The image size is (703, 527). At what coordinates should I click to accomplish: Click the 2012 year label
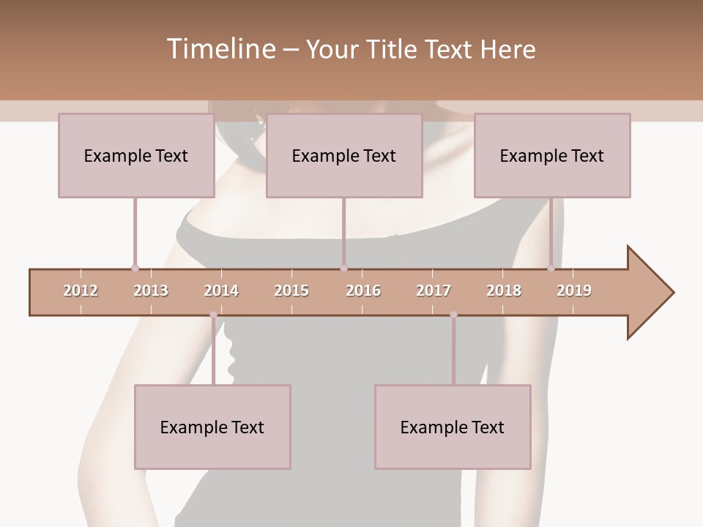pos(81,291)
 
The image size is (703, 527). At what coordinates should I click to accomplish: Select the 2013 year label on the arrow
pos(151,291)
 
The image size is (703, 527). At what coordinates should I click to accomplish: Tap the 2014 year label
pos(221,291)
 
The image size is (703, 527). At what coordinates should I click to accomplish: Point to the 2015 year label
pos(291,291)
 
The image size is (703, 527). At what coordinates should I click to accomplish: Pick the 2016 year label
pos(363,291)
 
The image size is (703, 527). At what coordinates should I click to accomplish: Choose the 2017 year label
pos(434,291)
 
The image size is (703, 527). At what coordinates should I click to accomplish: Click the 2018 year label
pos(504,291)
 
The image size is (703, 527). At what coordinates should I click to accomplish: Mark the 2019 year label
pos(574,291)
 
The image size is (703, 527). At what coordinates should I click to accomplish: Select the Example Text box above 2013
pos(136,155)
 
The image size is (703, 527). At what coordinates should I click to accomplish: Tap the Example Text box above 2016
pos(344,155)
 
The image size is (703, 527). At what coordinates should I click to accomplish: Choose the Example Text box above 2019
pos(552,155)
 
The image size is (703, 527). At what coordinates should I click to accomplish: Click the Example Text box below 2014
pos(212,427)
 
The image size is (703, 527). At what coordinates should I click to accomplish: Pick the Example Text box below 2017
pos(453,427)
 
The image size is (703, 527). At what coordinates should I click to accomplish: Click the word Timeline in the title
pos(220,49)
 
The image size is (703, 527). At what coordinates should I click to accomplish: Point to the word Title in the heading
pos(393,49)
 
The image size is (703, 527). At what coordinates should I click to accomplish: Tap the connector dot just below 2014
pos(213,315)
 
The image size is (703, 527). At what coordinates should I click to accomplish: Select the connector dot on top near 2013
pos(135,268)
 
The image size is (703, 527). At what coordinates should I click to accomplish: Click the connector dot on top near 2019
pos(551,268)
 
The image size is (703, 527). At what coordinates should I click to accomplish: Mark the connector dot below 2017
pos(453,315)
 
